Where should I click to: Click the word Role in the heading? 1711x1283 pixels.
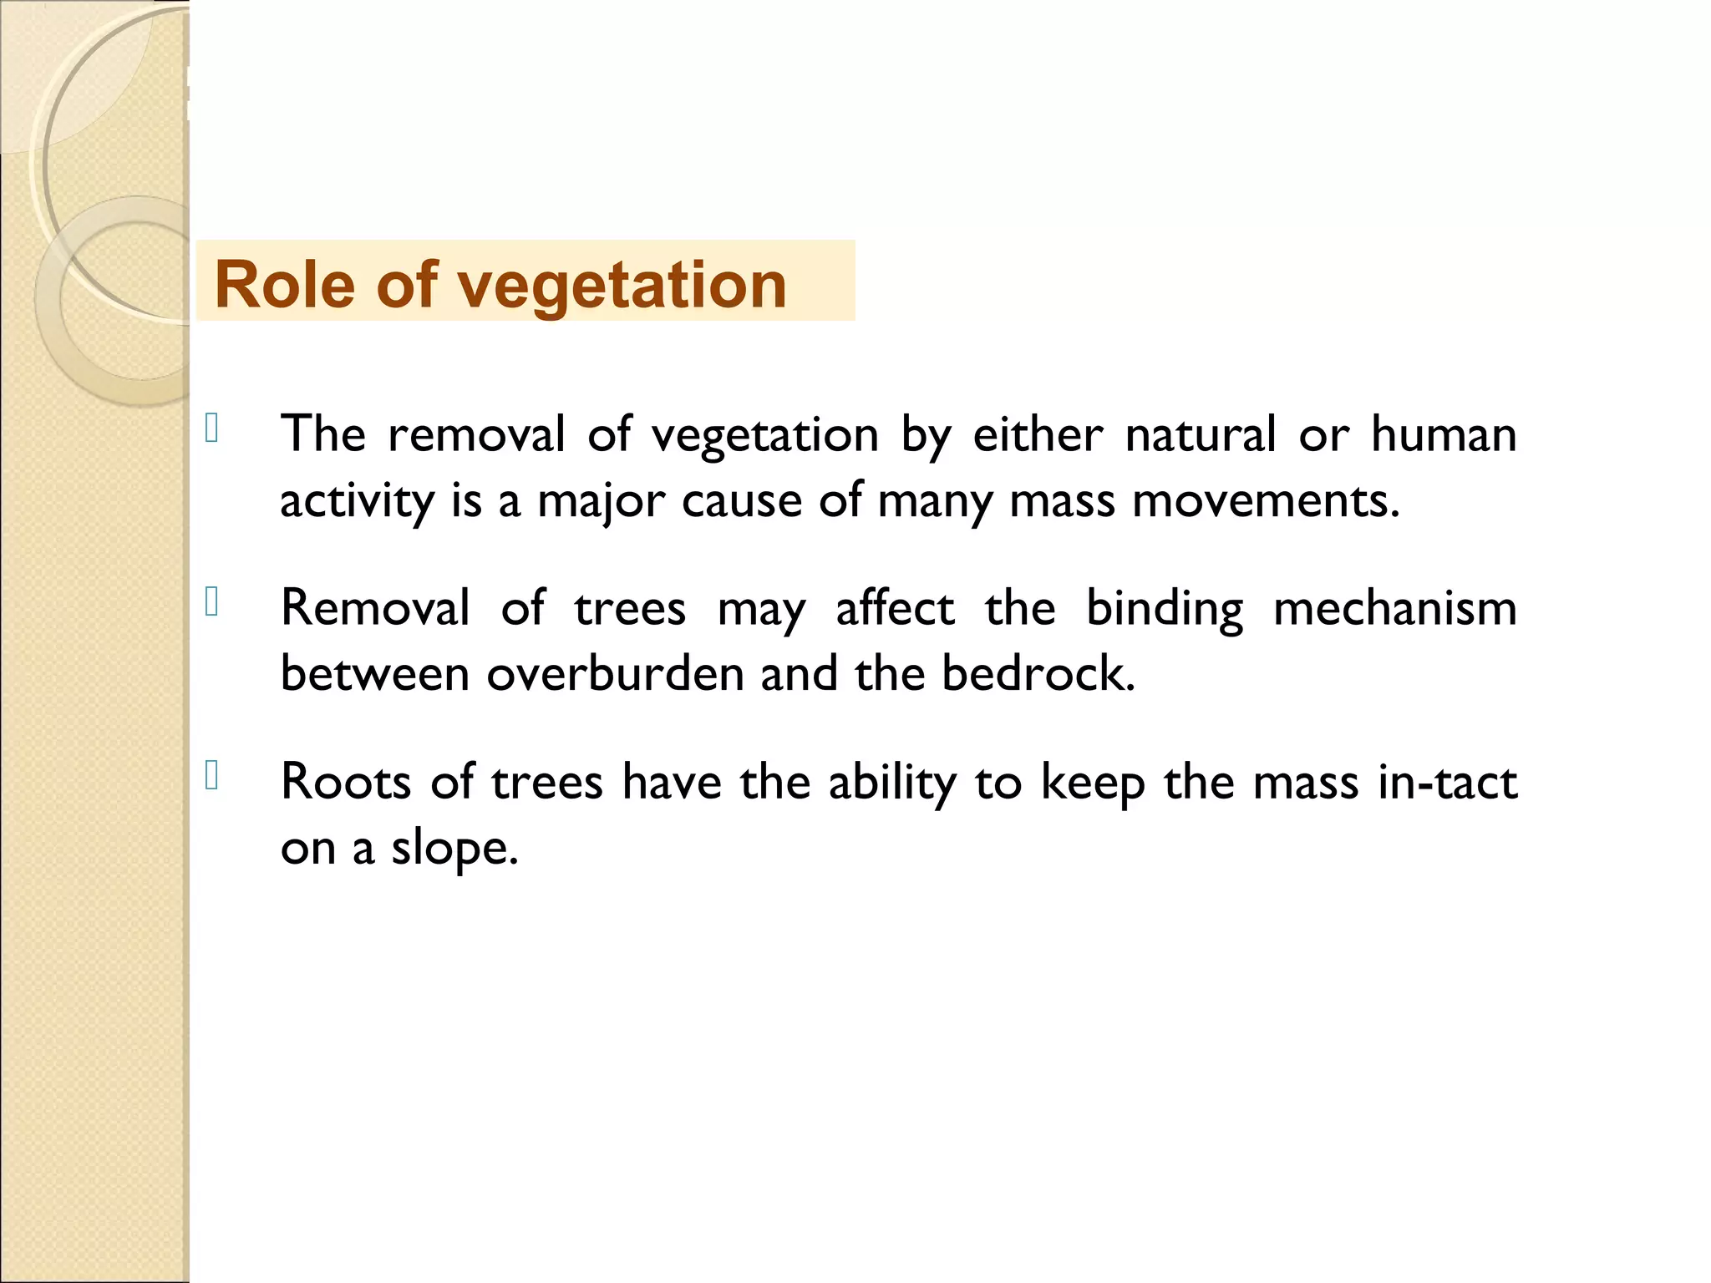284,285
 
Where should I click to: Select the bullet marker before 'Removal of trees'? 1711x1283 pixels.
211,601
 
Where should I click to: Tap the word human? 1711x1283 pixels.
1444,434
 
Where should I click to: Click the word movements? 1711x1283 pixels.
1265,501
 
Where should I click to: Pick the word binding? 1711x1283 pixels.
1164,610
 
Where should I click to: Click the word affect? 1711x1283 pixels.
895,608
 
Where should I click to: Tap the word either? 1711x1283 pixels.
1038,434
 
